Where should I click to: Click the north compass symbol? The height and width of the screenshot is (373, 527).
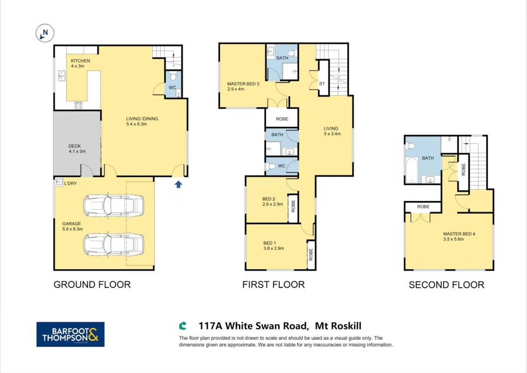tap(45, 33)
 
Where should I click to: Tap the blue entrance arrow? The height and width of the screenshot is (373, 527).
tap(178, 184)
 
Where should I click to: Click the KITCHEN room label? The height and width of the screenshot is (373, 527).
tap(80, 61)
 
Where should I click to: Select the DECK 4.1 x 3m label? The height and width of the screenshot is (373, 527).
tap(77, 149)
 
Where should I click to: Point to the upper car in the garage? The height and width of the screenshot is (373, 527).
tap(114, 205)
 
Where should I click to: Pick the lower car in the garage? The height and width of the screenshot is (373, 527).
tap(114, 244)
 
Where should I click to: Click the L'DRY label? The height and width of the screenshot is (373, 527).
tap(70, 184)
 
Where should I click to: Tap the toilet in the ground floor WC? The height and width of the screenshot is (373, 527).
tap(173, 76)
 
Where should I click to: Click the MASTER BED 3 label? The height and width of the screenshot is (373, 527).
tap(243, 84)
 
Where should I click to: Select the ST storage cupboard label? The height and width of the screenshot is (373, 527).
tap(322, 83)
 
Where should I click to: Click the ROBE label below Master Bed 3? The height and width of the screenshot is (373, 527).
tap(282, 119)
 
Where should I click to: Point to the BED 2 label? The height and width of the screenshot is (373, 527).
tap(269, 199)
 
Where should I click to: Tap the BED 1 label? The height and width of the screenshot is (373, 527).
tap(270, 243)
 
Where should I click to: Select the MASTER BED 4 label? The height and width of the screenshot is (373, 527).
tap(459, 234)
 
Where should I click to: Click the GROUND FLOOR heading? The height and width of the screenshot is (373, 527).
tap(92, 284)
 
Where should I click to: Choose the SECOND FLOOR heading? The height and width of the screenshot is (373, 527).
tap(446, 285)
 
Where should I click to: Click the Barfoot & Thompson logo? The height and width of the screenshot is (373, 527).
tap(70, 334)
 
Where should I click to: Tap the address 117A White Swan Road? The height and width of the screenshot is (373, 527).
tap(253, 326)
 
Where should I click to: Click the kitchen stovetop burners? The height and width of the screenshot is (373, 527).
tap(78, 105)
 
